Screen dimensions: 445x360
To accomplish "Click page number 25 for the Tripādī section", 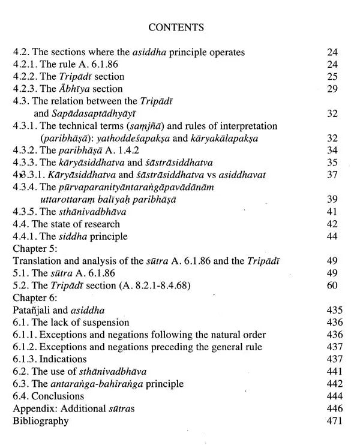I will pos(332,77).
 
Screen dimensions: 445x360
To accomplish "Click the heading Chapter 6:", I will pos(35,298).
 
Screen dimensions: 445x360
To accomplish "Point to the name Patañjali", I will pos(34,310).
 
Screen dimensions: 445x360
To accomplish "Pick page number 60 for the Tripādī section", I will pos(332,285).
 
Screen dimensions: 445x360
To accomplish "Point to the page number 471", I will pos(330,420).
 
